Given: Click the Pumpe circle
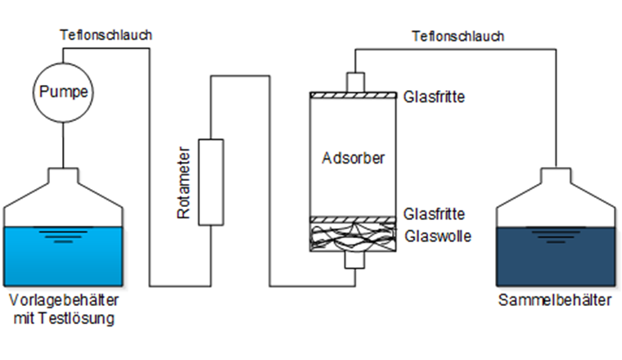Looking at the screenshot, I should click(63, 91).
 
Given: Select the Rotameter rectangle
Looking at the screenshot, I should click(211, 182).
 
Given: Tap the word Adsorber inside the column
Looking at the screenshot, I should click(354, 156).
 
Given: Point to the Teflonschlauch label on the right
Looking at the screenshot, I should click(458, 36).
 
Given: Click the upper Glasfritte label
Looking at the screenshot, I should click(435, 97).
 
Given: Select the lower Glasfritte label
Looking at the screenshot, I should click(435, 214).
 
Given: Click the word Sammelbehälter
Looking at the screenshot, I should click(555, 300).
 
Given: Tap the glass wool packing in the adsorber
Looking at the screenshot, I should click(354, 236).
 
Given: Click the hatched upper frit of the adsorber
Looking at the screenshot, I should click(354, 96).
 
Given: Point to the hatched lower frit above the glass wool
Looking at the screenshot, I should click(354, 218).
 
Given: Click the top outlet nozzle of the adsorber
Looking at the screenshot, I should click(354, 82).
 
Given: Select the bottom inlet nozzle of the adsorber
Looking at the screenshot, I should click(354, 259).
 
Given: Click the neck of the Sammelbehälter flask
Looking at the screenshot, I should click(556, 176).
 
